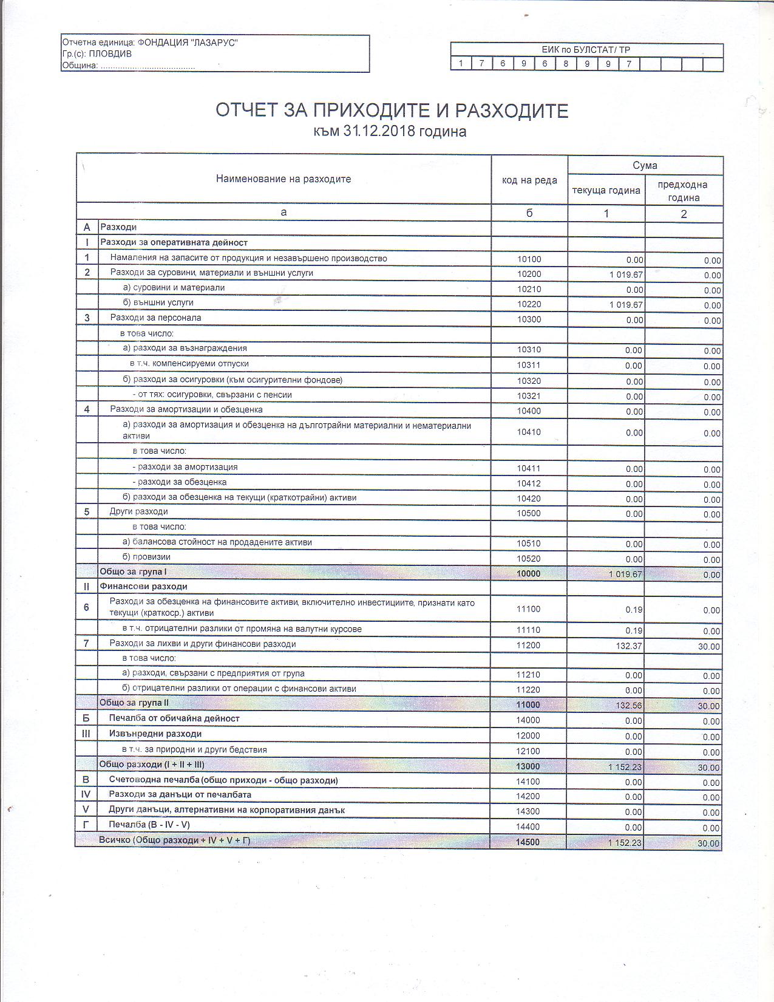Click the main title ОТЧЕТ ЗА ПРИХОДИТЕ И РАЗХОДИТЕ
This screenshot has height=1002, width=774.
point(392,111)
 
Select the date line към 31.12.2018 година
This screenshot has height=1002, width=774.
point(390,132)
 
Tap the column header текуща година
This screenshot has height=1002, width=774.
point(606,191)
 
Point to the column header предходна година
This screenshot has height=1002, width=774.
point(683,191)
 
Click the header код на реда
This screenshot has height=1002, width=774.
point(529,180)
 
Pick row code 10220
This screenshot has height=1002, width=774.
point(529,304)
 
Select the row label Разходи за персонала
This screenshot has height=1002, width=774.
point(155,318)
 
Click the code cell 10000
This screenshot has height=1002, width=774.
point(529,573)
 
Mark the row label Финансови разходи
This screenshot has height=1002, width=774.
point(143,587)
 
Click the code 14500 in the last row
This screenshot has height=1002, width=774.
point(528,842)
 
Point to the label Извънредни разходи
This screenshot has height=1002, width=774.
point(155,734)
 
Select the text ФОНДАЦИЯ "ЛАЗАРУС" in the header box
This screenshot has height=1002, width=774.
point(188,43)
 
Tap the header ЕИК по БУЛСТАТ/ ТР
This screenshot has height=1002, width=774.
point(586,50)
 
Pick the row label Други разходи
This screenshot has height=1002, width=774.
point(138,511)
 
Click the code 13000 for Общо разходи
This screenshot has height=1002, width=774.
point(528,766)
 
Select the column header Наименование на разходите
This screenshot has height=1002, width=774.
point(283,179)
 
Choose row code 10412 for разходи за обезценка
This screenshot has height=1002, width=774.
point(529,484)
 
